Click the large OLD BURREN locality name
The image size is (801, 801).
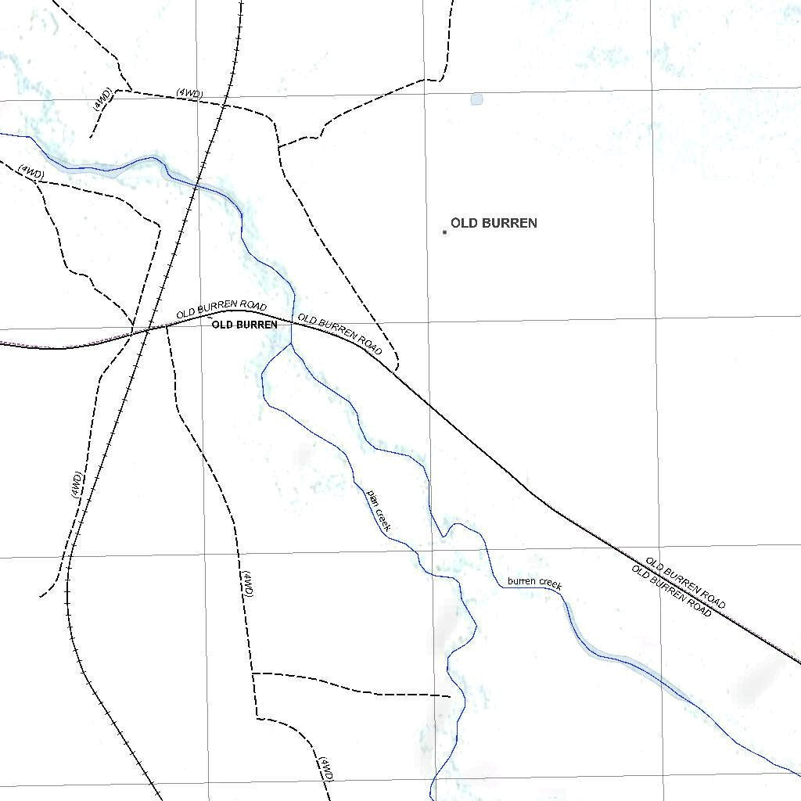coord(494,223)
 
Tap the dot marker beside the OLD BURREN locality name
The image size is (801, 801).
coord(444,232)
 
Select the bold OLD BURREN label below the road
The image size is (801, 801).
coord(244,324)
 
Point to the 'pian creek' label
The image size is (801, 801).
coord(379,511)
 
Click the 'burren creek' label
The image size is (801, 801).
coord(534,582)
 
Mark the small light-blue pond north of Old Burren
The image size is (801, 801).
coord(476,99)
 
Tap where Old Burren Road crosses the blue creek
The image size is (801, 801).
coord(293,320)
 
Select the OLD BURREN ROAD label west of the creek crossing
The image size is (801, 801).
coord(221,310)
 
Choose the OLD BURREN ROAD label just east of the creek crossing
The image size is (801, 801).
coord(340,334)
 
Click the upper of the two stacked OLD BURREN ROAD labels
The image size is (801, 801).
coord(686,584)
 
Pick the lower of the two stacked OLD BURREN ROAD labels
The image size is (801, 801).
coord(672,591)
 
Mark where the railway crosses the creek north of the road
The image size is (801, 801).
coord(196,185)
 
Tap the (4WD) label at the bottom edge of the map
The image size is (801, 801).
coord(326,770)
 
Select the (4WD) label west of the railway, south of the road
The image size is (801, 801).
coord(76,485)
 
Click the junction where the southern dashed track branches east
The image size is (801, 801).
coord(252,673)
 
